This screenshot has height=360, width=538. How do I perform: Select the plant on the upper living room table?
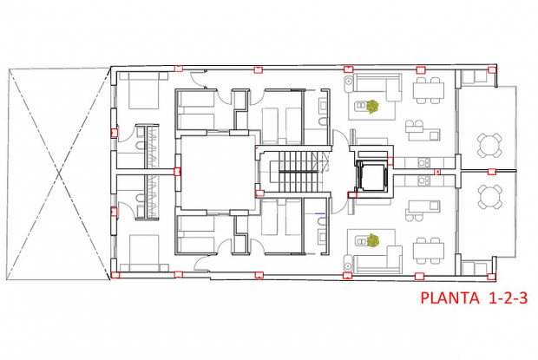372,108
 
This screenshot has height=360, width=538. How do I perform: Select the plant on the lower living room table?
373,240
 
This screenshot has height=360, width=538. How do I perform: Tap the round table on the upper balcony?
489,145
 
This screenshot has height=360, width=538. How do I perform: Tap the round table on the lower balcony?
489,197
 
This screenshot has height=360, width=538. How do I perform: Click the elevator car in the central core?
371,176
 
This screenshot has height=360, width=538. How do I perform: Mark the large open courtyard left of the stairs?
213,171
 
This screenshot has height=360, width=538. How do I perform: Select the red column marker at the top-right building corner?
492,69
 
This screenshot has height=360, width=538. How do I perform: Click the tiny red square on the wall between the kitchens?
438,172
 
